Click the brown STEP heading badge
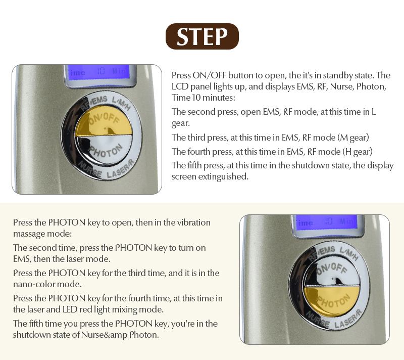202,36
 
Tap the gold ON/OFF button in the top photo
105,121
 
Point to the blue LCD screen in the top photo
100,73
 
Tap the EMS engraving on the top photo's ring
99,100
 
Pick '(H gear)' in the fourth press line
358,152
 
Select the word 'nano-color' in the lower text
34,284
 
